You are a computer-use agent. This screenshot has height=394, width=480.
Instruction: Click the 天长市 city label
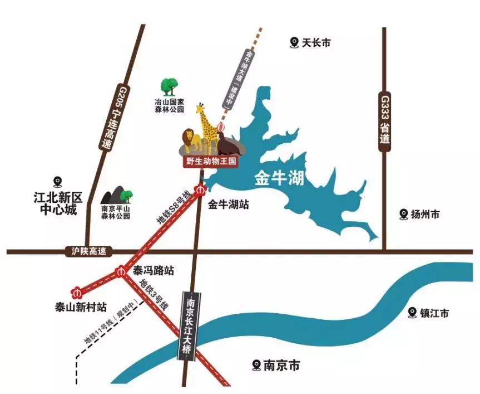click(316, 42)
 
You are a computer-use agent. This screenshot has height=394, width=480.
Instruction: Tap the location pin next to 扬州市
click(404, 213)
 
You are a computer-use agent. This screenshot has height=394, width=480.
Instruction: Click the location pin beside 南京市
click(256, 365)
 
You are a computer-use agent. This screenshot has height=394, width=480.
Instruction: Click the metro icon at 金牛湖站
click(201, 190)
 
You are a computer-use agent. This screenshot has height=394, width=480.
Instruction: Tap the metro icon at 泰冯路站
click(121, 272)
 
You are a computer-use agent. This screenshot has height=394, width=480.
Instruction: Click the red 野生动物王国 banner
click(211, 162)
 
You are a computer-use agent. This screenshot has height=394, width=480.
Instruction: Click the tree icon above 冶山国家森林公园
click(170, 86)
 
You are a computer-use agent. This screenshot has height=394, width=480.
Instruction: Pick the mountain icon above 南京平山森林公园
click(116, 195)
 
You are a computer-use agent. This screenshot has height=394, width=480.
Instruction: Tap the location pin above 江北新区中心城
click(57, 182)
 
